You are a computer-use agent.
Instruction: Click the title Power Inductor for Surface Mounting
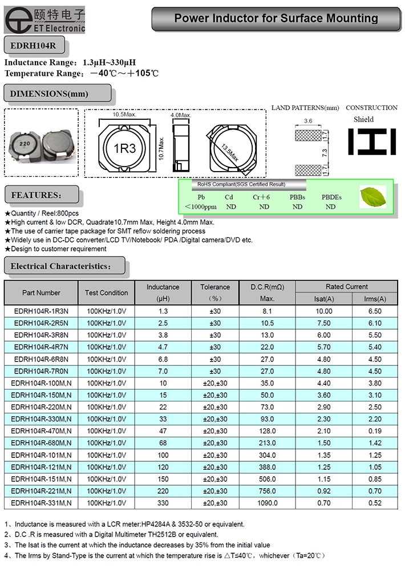[276, 18]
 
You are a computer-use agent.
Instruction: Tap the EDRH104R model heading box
[34, 45]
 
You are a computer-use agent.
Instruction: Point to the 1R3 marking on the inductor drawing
[124, 149]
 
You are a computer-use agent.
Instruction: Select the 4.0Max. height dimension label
[181, 115]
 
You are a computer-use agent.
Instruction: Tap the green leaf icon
[374, 197]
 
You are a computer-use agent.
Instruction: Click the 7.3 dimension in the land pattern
[324, 153]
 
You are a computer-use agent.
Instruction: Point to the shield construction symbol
[371, 141]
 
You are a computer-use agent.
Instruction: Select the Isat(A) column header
[324, 299]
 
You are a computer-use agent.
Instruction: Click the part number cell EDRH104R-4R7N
[40, 347]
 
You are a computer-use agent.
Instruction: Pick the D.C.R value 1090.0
[267, 503]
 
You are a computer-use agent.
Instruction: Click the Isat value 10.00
[324, 311]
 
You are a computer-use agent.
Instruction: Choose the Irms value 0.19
[375, 431]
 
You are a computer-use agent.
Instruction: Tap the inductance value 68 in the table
[163, 443]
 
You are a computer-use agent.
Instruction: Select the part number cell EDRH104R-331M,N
[41, 503]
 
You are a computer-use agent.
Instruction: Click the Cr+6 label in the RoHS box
[261, 197]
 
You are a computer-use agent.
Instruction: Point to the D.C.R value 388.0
[267, 467]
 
